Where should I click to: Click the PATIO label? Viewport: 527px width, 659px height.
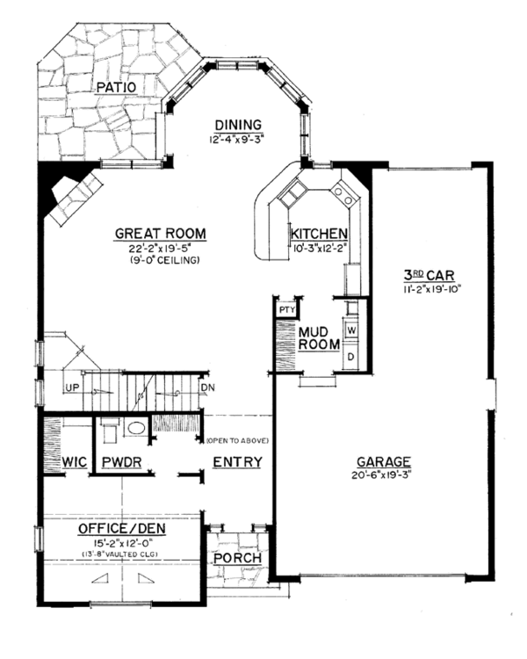click(117, 87)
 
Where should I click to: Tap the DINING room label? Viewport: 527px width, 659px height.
click(237, 125)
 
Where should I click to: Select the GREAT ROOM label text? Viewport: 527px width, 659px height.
click(161, 233)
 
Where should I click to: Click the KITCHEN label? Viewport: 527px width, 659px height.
click(320, 234)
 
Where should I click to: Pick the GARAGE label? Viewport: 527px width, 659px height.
click(384, 462)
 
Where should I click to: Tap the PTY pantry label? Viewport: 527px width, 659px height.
click(285, 309)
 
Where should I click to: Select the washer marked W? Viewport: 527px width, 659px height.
click(350, 329)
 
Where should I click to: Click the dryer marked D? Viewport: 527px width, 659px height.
click(350, 357)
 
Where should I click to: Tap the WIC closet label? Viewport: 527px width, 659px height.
click(73, 462)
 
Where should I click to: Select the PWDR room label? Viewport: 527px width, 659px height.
click(122, 462)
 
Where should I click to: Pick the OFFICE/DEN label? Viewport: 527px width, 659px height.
click(122, 530)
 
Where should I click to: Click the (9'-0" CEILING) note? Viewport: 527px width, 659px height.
click(161, 260)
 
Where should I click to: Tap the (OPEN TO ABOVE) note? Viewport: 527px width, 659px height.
click(237, 440)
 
